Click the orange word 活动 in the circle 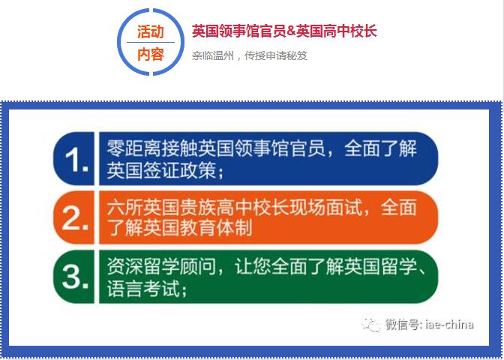(151, 31)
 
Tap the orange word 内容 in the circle (151, 54)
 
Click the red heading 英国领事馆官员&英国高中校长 (284, 31)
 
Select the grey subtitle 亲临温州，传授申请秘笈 (250, 56)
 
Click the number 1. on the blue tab (76, 160)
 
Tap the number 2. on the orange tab (75, 218)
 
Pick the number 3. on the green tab (75, 277)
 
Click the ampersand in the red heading (291, 31)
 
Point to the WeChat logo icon (371, 325)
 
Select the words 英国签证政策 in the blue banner (161, 170)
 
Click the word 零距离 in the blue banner (134, 148)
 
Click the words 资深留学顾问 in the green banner (161, 267)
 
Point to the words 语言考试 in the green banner (143, 289)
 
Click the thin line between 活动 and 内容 (151, 43)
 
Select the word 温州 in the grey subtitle (223, 56)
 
